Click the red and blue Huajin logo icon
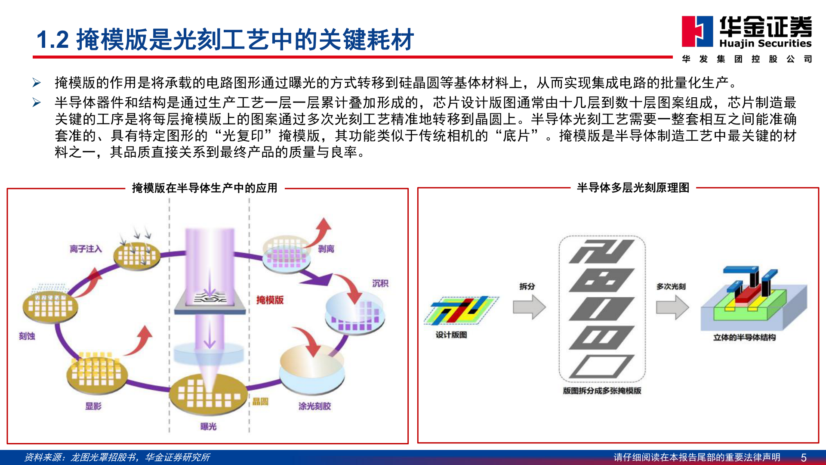coord(697,31)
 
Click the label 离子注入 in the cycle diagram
coord(86,249)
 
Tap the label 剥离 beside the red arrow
coord(326,249)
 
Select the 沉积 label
coord(380,283)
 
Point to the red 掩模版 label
coord(270,300)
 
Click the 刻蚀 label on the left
coord(27,336)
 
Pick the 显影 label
coord(93,406)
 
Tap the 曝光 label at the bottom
coord(208,426)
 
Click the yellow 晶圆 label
coord(260,401)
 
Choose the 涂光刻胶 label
coord(314,406)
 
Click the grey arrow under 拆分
coord(529,307)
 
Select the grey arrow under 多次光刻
coord(672,307)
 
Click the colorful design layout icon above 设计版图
coord(461,310)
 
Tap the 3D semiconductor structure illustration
coord(753,301)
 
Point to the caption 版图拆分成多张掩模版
coord(602,391)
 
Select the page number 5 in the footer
coord(803,457)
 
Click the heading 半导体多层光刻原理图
coord(633,188)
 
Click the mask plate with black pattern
coord(210,298)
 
